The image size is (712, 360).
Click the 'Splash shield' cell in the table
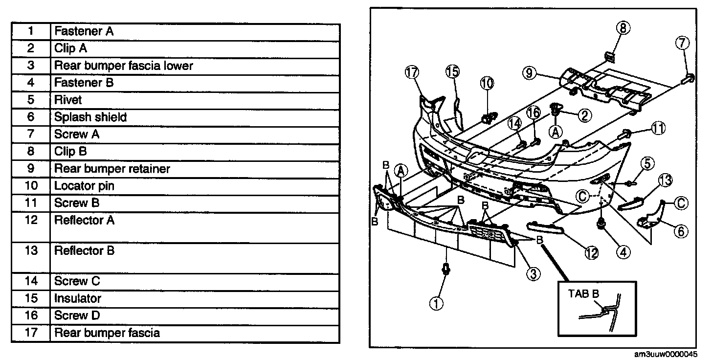click(x=90, y=117)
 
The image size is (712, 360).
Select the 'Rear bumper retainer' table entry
click(x=112, y=169)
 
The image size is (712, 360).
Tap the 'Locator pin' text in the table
click(x=85, y=186)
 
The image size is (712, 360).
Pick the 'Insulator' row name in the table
click(x=78, y=298)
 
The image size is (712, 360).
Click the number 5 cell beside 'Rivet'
click(x=31, y=100)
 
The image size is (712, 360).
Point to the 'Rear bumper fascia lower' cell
click(x=124, y=66)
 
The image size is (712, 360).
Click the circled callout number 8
click(x=623, y=28)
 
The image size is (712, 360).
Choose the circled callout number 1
click(x=436, y=303)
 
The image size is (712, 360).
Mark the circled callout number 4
click(x=623, y=251)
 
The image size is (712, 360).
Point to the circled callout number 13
click(x=665, y=180)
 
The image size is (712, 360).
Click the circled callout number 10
click(x=487, y=83)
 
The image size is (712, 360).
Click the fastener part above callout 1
click(x=445, y=270)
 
